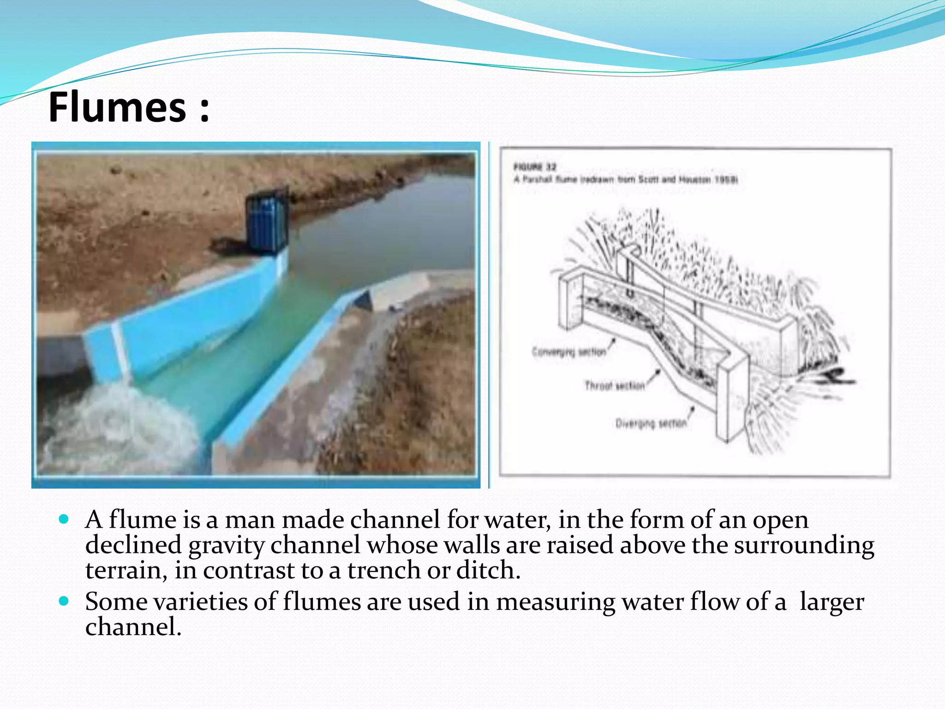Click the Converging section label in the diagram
click(x=568, y=352)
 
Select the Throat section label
click(x=614, y=385)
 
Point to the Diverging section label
click(x=651, y=423)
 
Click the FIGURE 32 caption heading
click(x=535, y=167)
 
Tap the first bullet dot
click(x=64, y=519)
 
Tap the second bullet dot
click(x=64, y=601)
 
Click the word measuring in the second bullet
click(x=555, y=602)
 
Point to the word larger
click(x=831, y=602)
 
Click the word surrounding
click(x=803, y=545)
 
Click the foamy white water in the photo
click(x=115, y=425)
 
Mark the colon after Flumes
click(x=204, y=109)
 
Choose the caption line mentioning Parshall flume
click(x=626, y=180)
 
